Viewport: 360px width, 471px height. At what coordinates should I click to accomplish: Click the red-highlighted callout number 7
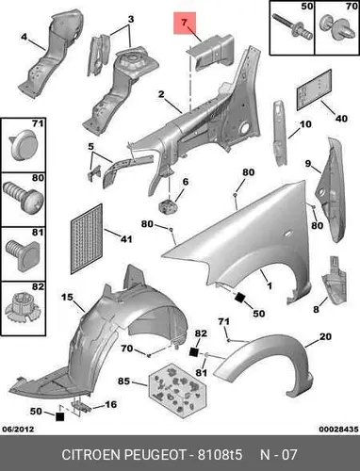pyautogui.click(x=185, y=23)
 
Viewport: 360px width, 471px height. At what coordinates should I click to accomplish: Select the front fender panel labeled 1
pyautogui.click(x=238, y=238)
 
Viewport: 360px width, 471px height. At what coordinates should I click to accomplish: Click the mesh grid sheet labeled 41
pyautogui.click(x=87, y=238)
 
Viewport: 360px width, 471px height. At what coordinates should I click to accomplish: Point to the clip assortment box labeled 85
pyautogui.click(x=177, y=389)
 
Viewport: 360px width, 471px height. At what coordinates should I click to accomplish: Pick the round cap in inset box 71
pyautogui.click(x=24, y=146)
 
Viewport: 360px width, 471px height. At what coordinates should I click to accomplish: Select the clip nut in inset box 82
pyautogui.click(x=23, y=309)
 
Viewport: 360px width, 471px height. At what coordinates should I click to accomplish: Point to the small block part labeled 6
pyautogui.click(x=167, y=206)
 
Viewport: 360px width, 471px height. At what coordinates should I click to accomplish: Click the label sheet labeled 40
pyautogui.click(x=314, y=89)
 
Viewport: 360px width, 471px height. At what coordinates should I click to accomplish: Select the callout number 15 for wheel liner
pyautogui.click(x=67, y=297)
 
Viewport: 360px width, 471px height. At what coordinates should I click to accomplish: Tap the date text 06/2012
pyautogui.click(x=18, y=429)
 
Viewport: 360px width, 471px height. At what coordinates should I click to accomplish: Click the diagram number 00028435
pyautogui.click(x=338, y=429)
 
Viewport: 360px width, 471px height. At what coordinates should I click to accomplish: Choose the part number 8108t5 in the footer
pyautogui.click(x=220, y=454)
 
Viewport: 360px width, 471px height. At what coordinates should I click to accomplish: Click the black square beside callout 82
pyautogui.click(x=194, y=352)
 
